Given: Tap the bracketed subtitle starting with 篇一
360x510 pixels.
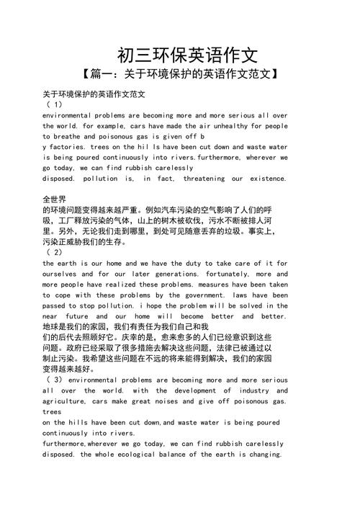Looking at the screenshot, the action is tap(181, 74).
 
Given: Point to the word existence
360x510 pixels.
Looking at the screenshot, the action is tap(266, 178).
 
